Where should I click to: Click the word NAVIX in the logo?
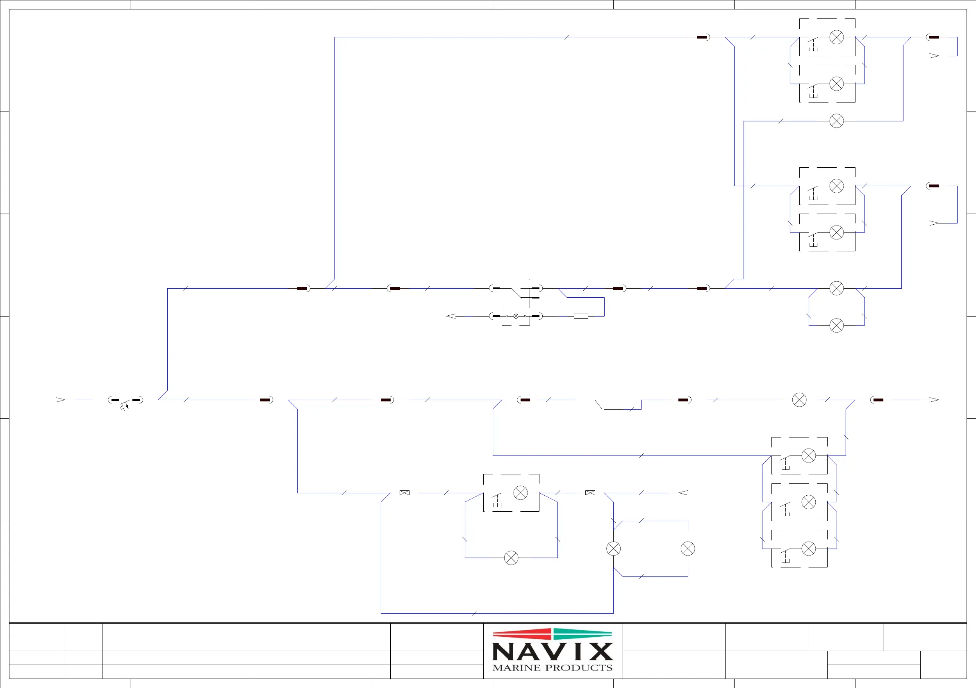[552, 652]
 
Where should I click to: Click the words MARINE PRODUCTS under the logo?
[552, 667]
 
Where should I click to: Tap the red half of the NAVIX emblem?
[522, 634]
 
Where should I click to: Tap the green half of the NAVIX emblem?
[582, 634]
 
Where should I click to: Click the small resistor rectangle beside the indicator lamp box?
[581, 316]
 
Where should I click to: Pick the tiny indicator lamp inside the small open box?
[516, 316]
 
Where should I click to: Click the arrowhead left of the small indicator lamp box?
[450, 316]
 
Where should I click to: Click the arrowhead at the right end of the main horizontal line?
[934, 400]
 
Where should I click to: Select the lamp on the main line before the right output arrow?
[799, 400]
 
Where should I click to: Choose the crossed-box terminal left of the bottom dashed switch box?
[404, 493]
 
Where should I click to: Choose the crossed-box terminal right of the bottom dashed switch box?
[590, 493]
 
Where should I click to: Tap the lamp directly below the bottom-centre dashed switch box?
[511, 558]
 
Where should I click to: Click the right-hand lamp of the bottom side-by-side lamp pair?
[688, 549]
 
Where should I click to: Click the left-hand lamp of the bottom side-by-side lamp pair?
[613, 549]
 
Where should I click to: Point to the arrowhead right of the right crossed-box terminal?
[683, 493]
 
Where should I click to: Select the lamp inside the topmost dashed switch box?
[837, 37]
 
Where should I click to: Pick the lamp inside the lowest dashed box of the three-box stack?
[808, 549]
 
